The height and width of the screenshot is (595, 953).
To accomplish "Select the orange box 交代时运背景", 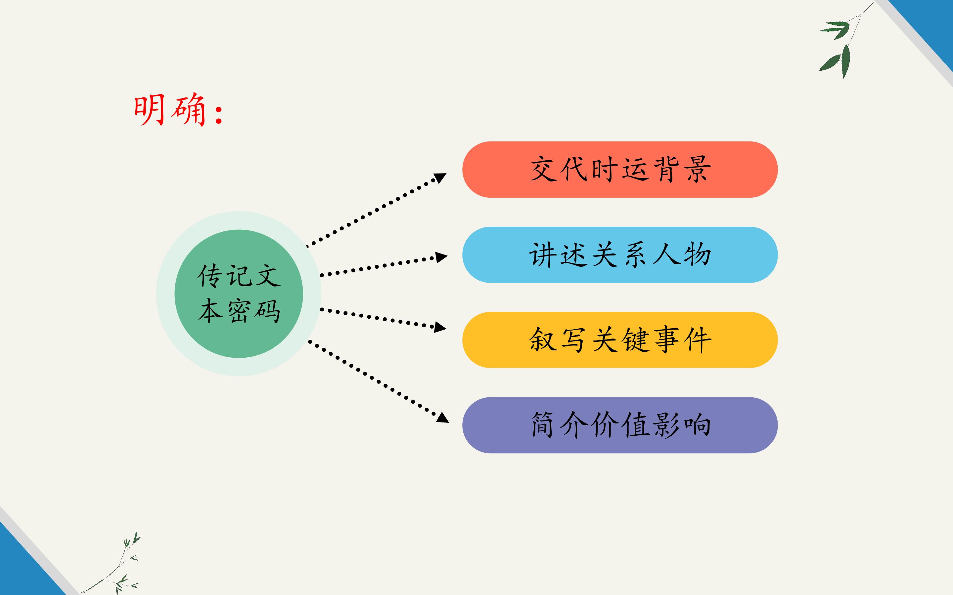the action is pyautogui.click(x=620, y=169).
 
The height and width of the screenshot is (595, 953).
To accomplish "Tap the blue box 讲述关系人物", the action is pyautogui.click(x=620, y=255).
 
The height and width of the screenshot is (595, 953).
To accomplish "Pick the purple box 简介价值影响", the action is pyautogui.click(x=620, y=425).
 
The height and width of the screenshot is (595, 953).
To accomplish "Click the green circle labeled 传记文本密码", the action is pyautogui.click(x=239, y=294).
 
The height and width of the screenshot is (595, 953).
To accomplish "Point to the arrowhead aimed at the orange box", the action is pyautogui.click(x=439, y=178).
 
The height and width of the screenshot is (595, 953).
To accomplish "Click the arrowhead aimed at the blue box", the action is pyautogui.click(x=441, y=258).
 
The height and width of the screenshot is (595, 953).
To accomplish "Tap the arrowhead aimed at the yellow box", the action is pyautogui.click(x=440, y=327).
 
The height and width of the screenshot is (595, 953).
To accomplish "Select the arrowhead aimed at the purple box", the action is pyautogui.click(x=443, y=417).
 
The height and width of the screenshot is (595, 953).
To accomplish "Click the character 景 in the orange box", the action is pyautogui.click(x=698, y=170).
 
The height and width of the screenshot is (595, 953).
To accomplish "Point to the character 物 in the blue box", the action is pyautogui.click(x=698, y=255).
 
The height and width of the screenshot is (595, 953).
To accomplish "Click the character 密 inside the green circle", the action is pyautogui.click(x=239, y=311).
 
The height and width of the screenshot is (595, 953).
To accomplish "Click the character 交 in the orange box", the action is pyautogui.click(x=543, y=170).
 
